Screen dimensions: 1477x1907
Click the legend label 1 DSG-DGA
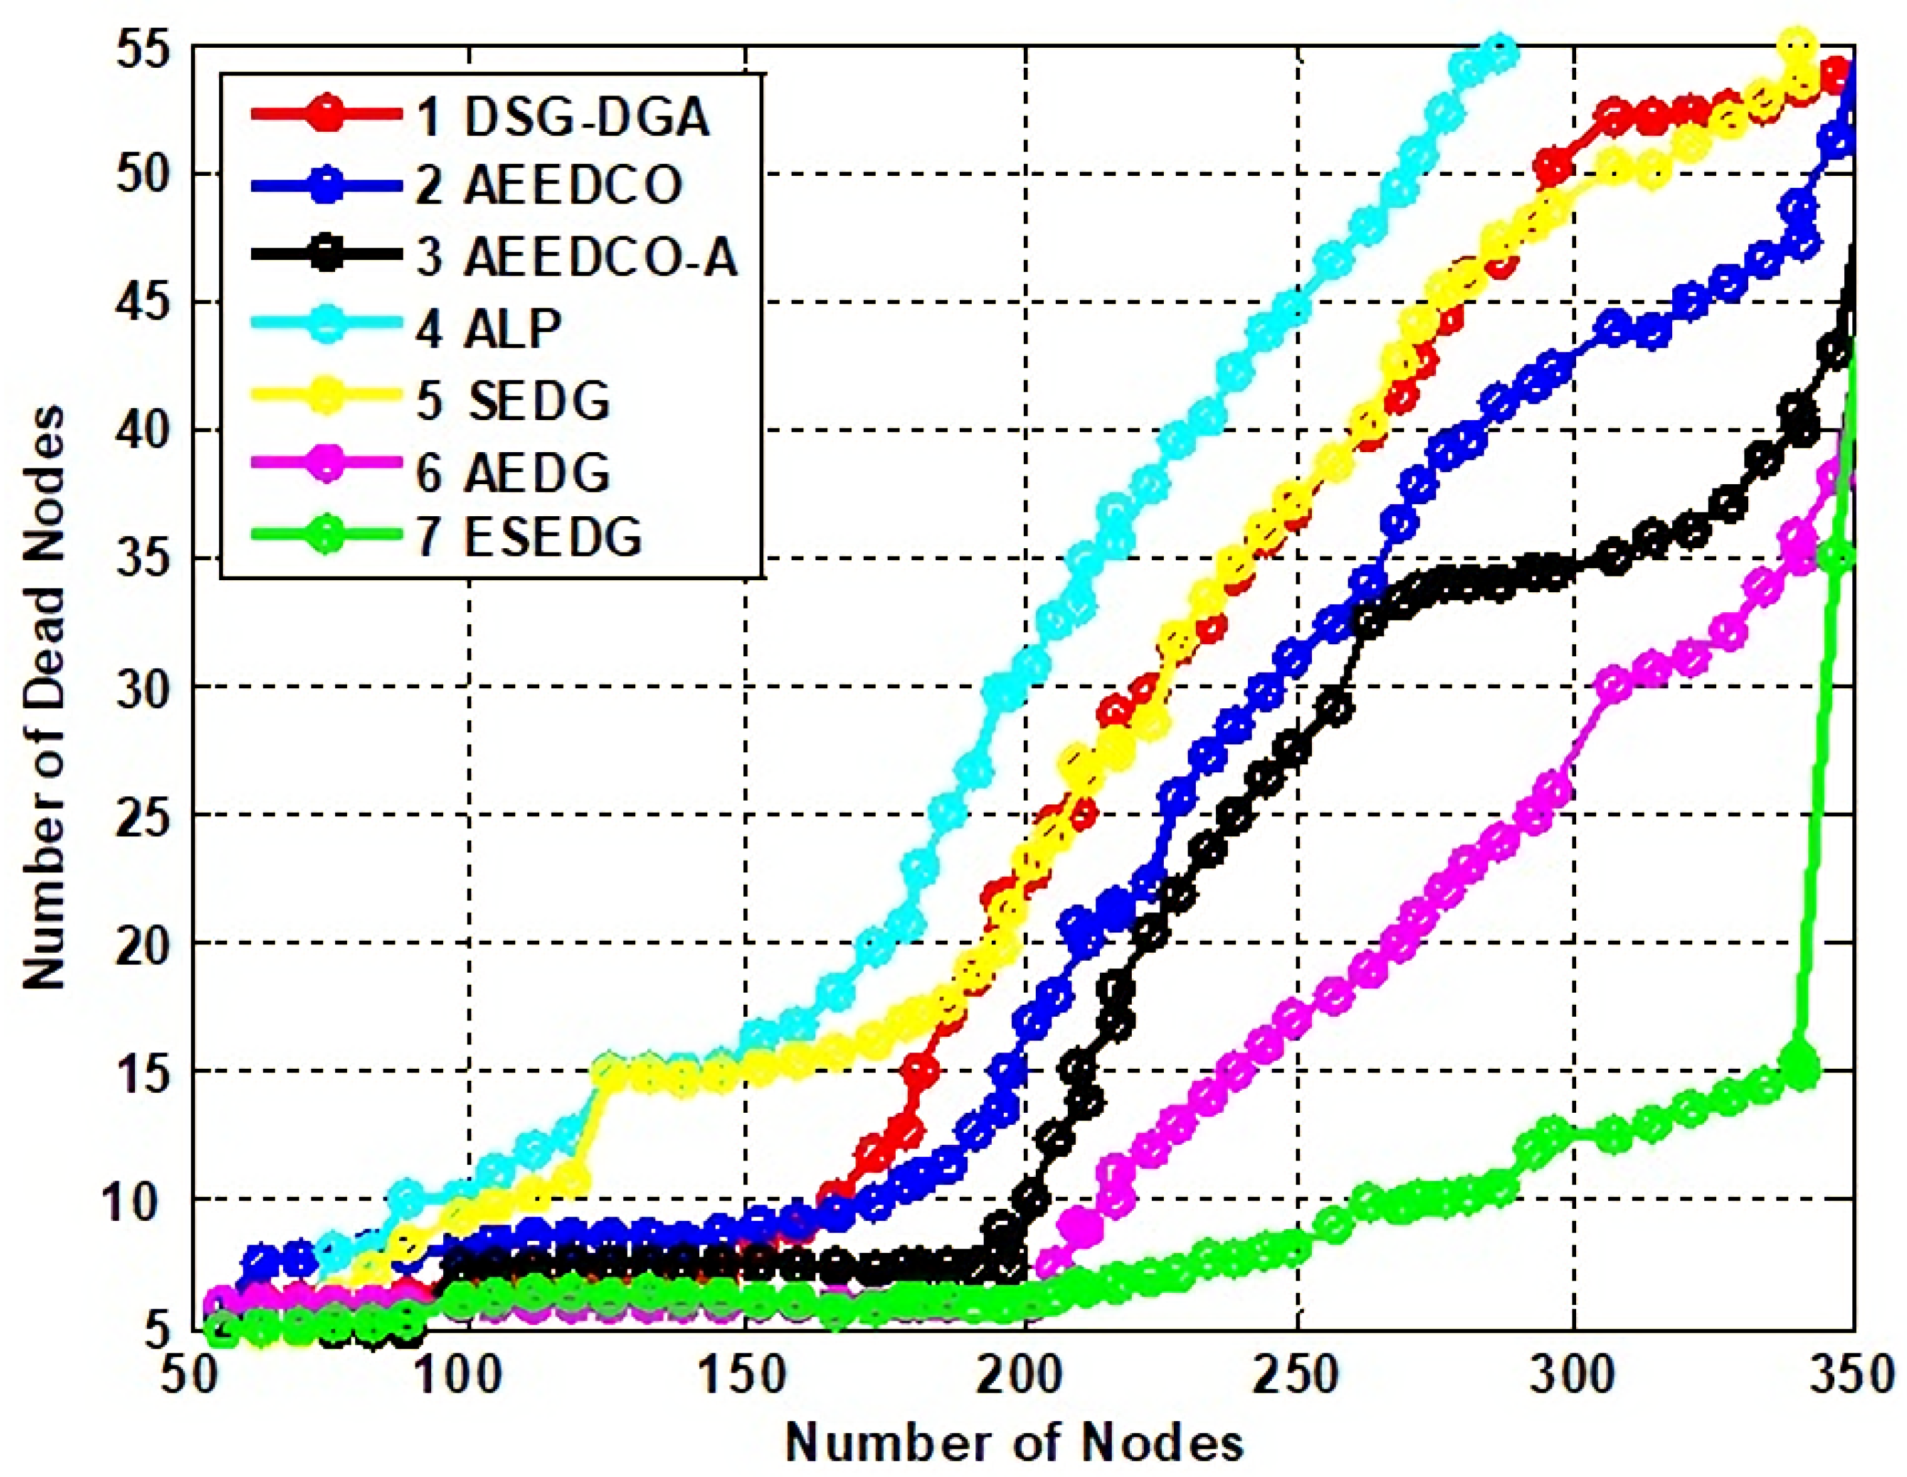(563, 116)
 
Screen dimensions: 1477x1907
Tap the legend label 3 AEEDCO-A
(577, 257)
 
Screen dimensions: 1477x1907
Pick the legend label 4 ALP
(489, 328)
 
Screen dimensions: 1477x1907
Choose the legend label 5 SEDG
(513, 400)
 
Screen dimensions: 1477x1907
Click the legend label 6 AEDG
(513, 472)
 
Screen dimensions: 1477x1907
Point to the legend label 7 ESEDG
(529, 536)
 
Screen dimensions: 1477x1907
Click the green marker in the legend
(325, 536)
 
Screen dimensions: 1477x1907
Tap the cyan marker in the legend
(325, 328)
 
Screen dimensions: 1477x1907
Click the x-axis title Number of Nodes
(1014, 1442)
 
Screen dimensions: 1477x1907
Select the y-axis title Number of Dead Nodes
(44, 699)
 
